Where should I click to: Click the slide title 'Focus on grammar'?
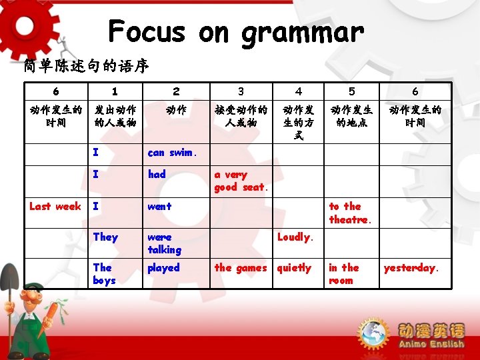236,31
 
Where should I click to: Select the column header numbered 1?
115,91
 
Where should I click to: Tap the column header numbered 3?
241,91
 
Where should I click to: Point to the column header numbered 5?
351,91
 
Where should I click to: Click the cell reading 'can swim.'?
172,153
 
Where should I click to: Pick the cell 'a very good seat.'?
241,181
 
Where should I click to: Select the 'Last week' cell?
55,207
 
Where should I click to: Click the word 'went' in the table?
159,207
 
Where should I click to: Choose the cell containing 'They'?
105,237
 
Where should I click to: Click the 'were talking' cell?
165,243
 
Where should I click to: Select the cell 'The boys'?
104,274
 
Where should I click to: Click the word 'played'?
163,268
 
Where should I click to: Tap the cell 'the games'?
240,268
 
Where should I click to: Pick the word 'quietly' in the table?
294,268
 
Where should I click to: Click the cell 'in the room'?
343,274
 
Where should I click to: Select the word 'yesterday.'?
411,268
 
